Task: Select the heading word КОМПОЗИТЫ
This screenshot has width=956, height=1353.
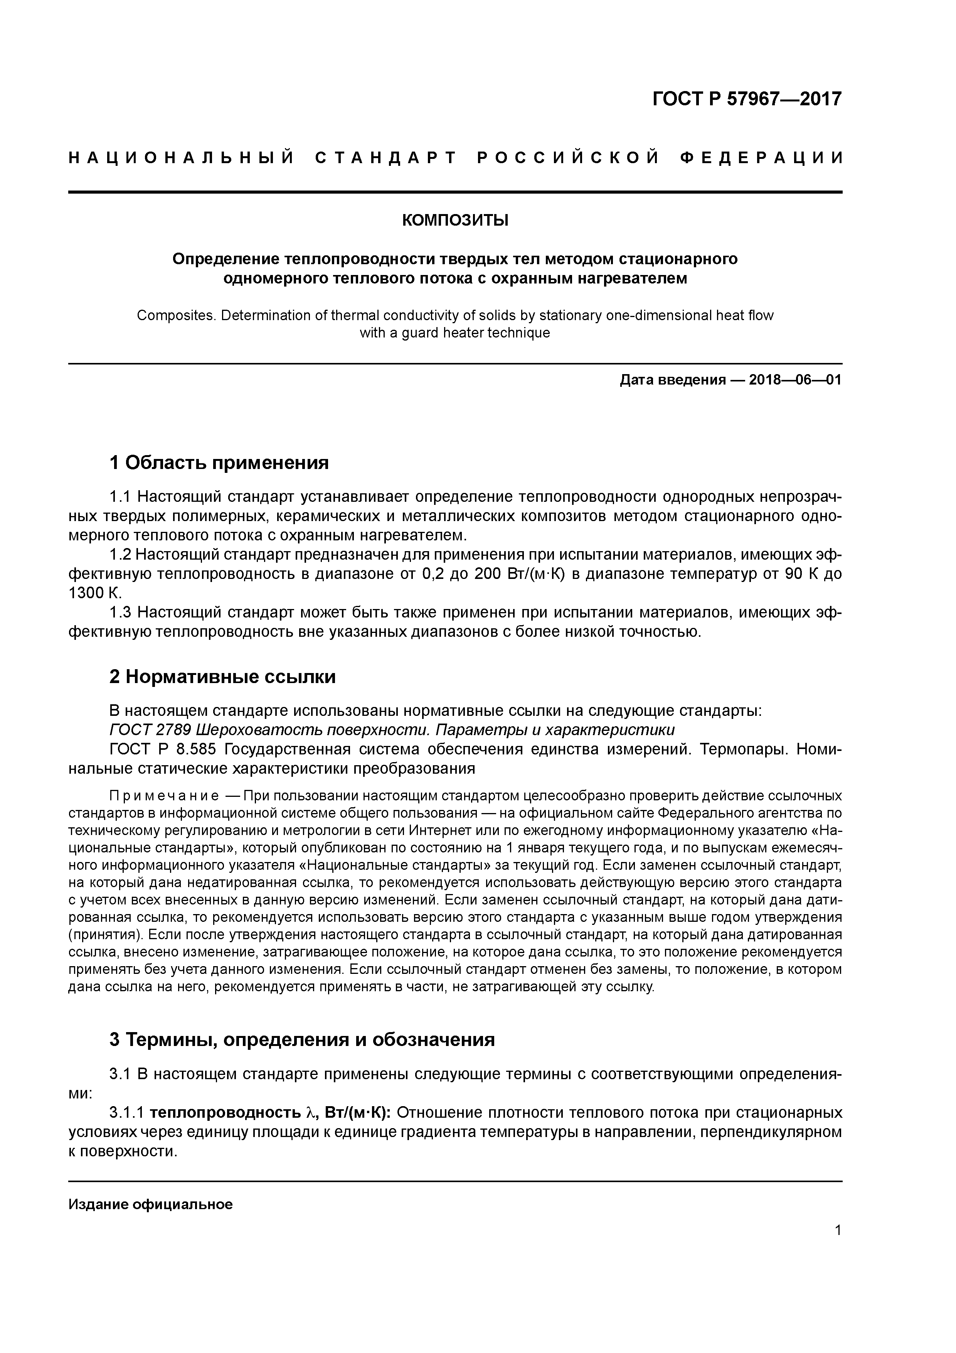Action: click(x=455, y=220)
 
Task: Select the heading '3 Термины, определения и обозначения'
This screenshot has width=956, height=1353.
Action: click(x=301, y=1039)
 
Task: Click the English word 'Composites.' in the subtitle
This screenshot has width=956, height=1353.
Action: click(x=176, y=316)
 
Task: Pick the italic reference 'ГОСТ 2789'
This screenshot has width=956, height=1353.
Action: click(x=150, y=730)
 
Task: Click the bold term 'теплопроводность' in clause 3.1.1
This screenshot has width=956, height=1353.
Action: click(x=225, y=1113)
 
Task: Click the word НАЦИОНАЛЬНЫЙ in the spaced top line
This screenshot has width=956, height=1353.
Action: click(x=182, y=158)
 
